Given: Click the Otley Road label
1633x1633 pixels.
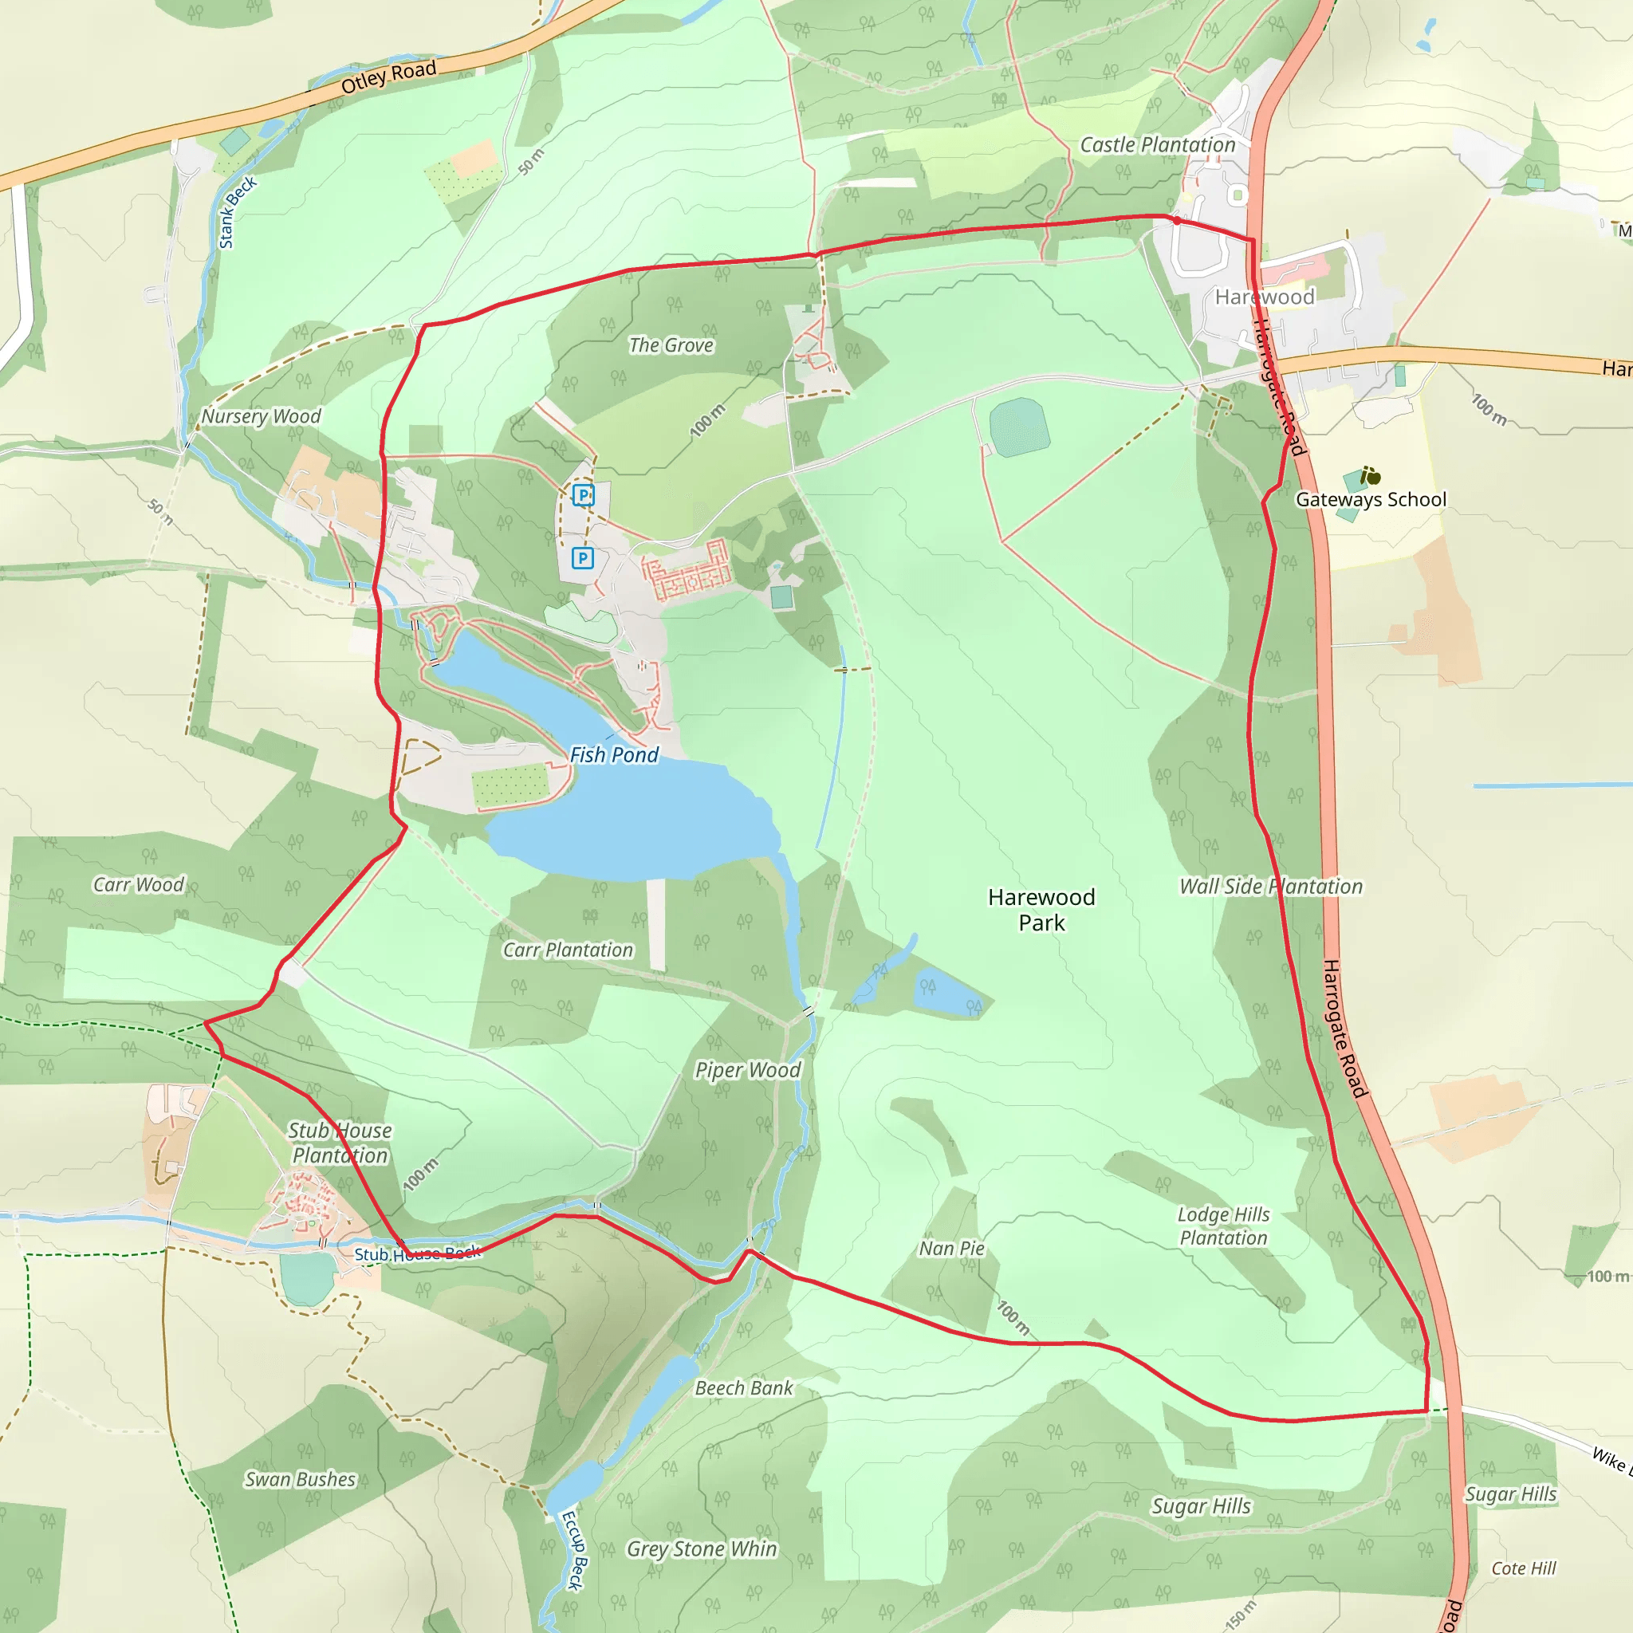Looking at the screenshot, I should (389, 77).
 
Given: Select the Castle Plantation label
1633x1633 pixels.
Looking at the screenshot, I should (1157, 145).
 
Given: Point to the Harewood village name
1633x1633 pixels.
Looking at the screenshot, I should (1265, 297).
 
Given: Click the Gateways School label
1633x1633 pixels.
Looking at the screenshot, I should (1371, 499).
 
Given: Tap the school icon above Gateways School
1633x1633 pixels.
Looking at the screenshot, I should (1371, 477).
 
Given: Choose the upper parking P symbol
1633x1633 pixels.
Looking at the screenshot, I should (583, 494).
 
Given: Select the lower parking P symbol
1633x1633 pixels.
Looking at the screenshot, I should (582, 558).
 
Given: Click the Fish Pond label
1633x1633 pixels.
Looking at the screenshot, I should (614, 755).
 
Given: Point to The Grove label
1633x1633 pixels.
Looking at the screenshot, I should (671, 344).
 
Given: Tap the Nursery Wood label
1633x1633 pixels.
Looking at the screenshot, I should (262, 416).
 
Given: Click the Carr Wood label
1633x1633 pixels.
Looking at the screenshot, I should (139, 884).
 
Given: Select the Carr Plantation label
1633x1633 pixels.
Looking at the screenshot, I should (568, 950).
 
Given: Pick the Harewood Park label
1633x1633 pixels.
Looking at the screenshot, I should (1041, 910).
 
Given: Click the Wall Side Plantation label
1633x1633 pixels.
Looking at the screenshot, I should (1271, 886).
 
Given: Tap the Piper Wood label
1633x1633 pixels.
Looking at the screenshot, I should (748, 1070).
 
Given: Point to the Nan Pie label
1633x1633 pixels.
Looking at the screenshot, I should (952, 1249).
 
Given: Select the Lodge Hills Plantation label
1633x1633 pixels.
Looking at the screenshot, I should (1224, 1226).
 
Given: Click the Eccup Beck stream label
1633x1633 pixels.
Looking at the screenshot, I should (574, 1551).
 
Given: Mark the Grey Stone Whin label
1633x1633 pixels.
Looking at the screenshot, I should (702, 1548).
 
